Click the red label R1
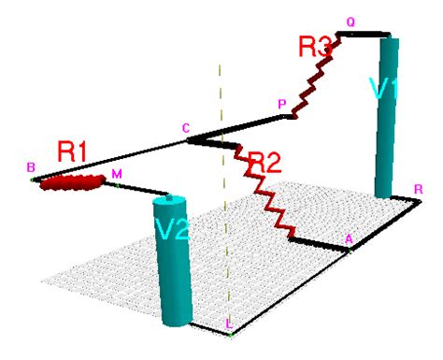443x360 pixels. [x=71, y=151]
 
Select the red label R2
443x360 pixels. [x=264, y=163]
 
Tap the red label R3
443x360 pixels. [x=315, y=47]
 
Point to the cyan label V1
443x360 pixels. [x=384, y=88]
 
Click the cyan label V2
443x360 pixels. [x=173, y=229]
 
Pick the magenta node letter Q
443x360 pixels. [x=350, y=22]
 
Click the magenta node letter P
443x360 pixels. [x=282, y=104]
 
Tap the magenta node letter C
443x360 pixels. [x=186, y=128]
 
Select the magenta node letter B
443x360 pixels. [x=31, y=167]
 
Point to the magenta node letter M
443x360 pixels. [x=117, y=174]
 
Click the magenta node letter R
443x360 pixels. [x=419, y=189]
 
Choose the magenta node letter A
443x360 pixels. [x=349, y=239]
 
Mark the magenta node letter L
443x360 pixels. [x=229, y=324]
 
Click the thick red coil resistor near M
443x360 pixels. [x=72, y=182]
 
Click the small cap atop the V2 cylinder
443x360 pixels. [x=169, y=197]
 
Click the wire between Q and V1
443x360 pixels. [x=364, y=34]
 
